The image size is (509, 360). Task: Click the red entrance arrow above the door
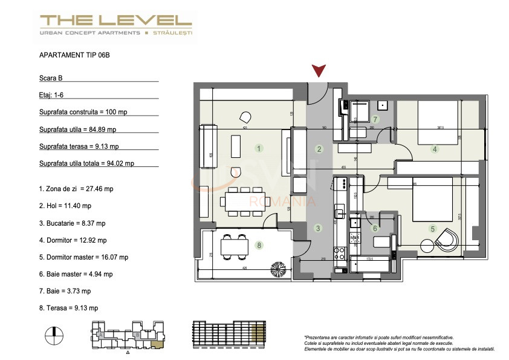319,72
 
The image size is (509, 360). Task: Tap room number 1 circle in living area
259,148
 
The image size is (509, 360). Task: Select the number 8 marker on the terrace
259,245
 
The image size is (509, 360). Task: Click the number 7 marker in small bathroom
375,119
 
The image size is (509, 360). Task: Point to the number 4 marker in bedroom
434,150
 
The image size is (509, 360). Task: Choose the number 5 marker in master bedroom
432,229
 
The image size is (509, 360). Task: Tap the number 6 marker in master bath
375,228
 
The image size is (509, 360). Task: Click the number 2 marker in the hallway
319,149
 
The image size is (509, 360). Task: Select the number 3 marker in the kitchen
319,228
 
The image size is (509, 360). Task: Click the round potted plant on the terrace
280,267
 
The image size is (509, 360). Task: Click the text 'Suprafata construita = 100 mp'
83,112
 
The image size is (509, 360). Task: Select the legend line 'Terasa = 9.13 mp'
68,308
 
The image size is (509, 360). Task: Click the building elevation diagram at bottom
228,333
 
